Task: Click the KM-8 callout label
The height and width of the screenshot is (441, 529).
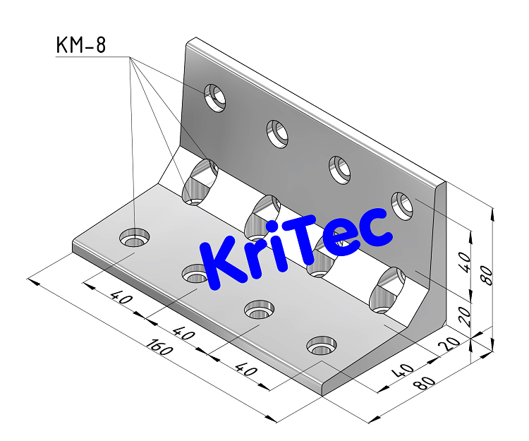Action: [80, 46]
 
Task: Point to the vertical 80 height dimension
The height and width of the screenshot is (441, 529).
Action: [486, 270]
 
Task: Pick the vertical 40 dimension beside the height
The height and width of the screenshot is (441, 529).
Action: [463, 262]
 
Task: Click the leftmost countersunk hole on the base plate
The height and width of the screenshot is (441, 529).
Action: [133, 238]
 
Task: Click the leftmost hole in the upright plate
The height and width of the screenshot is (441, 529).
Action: [215, 97]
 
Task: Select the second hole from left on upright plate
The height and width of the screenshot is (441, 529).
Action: [277, 133]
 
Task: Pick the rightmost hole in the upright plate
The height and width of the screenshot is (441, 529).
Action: [402, 205]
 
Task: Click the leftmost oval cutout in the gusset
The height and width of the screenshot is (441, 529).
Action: [200, 181]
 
